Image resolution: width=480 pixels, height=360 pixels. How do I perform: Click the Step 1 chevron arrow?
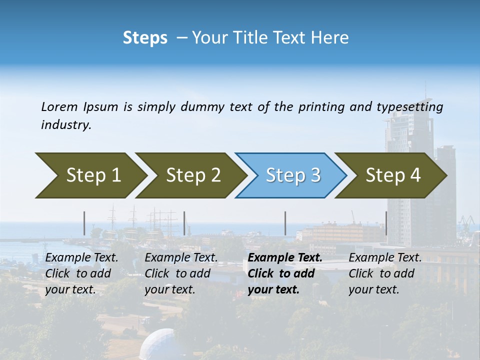(90, 175)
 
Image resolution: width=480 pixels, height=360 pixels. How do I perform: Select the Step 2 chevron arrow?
(190, 175)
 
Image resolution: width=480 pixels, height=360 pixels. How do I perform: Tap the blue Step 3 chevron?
(290, 175)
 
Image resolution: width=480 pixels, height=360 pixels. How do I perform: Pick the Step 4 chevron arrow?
(390, 175)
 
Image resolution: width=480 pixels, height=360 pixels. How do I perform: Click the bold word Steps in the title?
(145, 38)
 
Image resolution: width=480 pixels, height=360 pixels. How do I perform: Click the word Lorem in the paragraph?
(59, 107)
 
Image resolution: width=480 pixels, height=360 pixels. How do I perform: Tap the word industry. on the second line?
(66, 125)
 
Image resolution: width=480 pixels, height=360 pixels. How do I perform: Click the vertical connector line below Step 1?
(84, 223)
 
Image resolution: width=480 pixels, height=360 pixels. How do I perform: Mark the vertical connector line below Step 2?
(184, 223)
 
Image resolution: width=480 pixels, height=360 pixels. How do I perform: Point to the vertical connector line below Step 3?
(285, 223)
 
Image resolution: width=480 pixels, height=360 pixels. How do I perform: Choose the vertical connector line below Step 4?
(386, 223)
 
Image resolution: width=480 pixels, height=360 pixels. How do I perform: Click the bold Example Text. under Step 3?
(285, 258)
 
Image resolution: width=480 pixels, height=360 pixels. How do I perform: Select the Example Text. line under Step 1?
(81, 258)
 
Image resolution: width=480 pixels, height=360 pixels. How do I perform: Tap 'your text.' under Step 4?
(373, 289)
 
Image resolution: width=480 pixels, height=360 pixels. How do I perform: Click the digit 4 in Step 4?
(415, 175)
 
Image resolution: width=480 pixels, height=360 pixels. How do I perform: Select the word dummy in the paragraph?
(203, 107)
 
